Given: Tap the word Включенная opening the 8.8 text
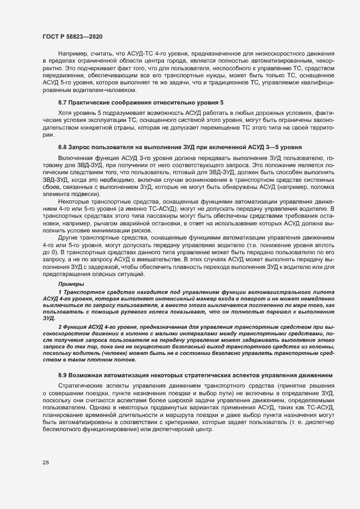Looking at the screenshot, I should (74, 157).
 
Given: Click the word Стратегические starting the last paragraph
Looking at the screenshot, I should (82, 385).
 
